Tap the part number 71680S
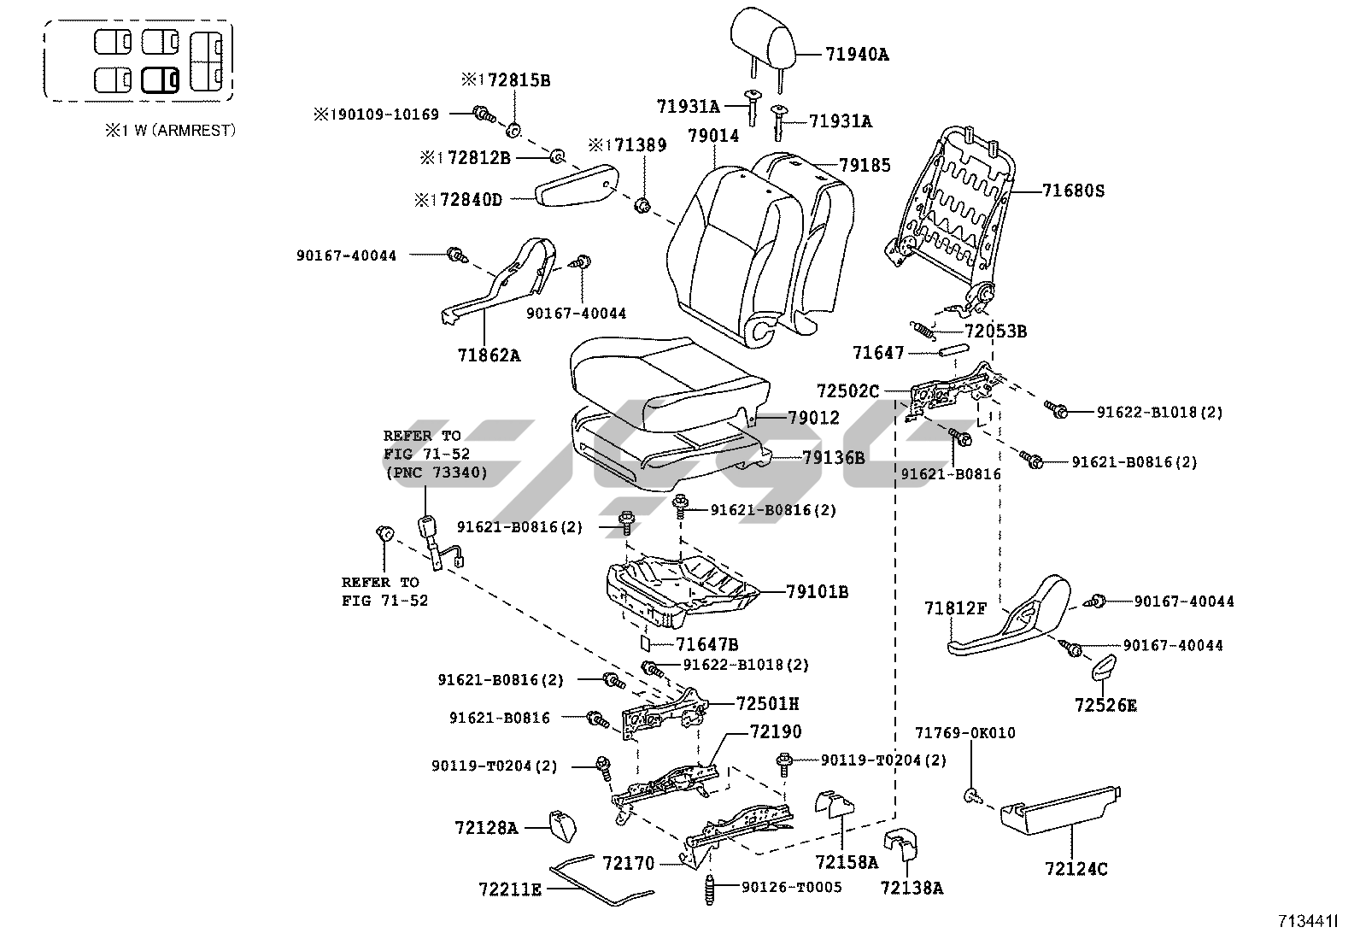1073,191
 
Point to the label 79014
715,136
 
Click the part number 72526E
1105,707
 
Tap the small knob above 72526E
1105,667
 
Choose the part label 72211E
510,889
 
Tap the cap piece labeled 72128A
561,825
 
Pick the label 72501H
768,704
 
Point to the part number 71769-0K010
965,733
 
